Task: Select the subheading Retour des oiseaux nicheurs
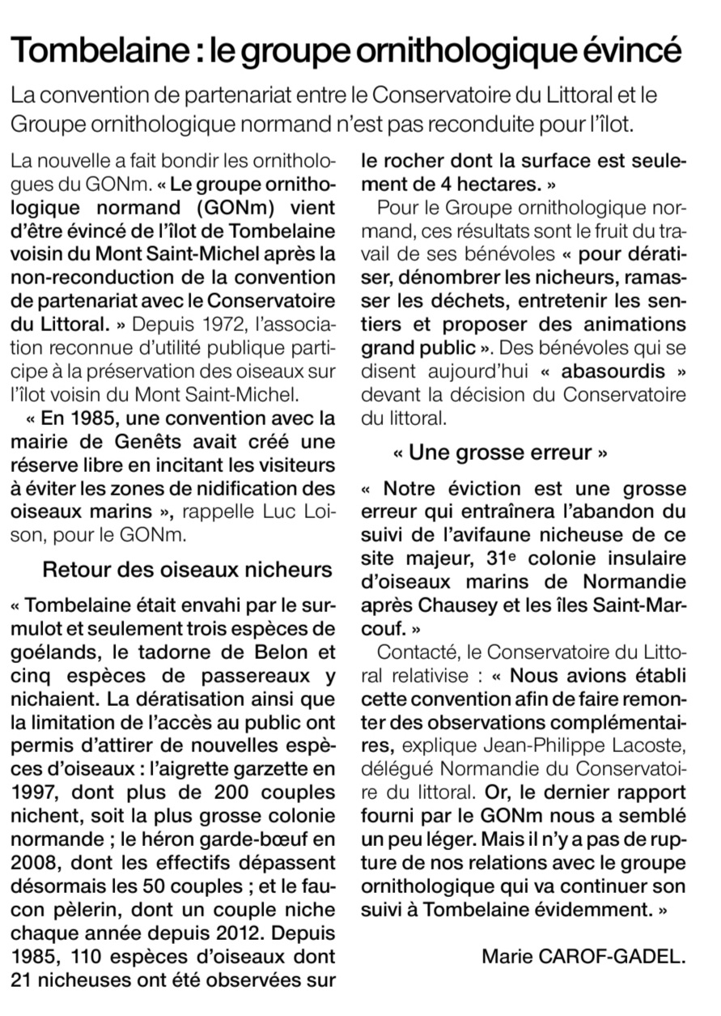click(187, 569)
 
